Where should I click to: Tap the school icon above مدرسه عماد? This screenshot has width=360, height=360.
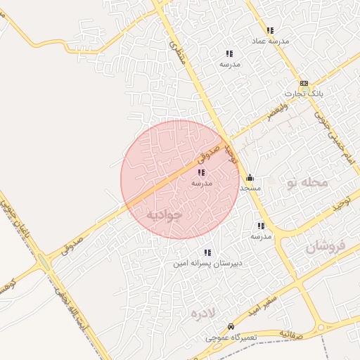(x=270, y=30)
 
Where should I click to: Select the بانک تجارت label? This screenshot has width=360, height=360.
(x=304, y=94)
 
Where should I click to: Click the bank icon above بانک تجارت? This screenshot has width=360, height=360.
(x=304, y=83)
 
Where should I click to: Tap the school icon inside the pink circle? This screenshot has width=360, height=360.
(x=201, y=172)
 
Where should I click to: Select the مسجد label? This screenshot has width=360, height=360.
(x=250, y=188)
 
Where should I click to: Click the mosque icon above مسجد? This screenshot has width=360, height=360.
(x=250, y=178)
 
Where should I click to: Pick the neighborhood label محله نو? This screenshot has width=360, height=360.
(x=307, y=184)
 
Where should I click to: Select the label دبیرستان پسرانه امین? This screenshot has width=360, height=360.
(x=207, y=264)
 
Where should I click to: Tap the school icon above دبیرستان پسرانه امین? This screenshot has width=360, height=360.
(x=207, y=252)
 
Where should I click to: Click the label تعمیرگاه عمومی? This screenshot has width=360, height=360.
(x=232, y=337)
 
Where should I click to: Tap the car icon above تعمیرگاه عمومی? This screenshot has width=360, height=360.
(x=231, y=327)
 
